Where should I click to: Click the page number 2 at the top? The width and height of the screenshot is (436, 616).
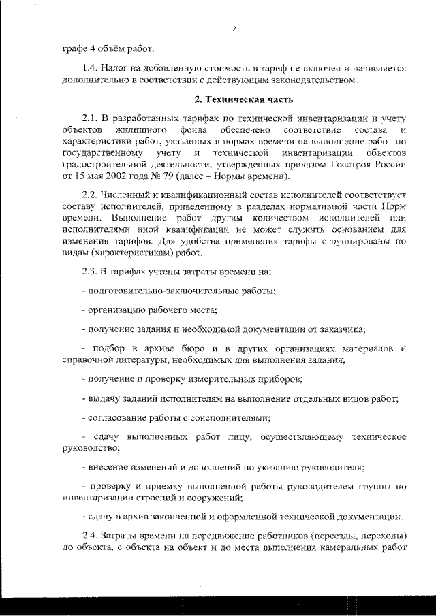click(234, 29)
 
